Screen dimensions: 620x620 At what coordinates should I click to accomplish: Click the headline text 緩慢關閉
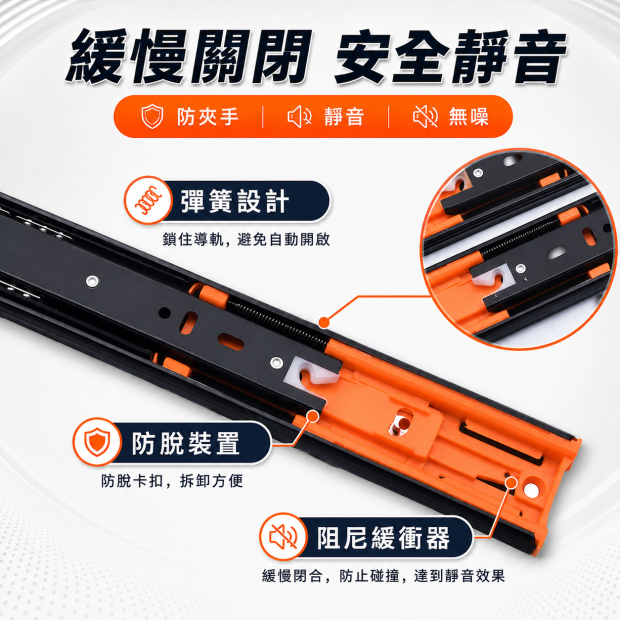coord(187,56)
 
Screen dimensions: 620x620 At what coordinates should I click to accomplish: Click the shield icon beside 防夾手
coord(152,117)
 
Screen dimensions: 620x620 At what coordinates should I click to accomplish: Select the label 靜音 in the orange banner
coord(343,117)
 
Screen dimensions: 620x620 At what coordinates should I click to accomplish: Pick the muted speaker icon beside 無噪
coord(425,117)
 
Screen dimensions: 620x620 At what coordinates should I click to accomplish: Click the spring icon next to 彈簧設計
coord(148,200)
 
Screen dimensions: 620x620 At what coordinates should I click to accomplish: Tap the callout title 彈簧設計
coord(234,201)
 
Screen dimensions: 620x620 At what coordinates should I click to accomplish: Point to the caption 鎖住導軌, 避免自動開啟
coord(246,240)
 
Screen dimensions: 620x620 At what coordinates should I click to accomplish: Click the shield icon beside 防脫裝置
coord(97,442)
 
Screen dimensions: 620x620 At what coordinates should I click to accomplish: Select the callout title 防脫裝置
coord(186,443)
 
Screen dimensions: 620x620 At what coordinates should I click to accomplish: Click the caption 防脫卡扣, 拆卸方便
coord(172,481)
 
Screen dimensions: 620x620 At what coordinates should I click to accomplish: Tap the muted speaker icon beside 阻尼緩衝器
coord(283,537)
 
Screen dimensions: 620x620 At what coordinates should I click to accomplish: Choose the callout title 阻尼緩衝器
coord(384,538)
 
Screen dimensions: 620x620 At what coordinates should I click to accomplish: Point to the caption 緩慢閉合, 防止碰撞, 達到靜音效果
coord(383,576)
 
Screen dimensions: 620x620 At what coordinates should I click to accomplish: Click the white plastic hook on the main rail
coord(310,375)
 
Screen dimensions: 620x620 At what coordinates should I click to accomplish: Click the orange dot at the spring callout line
coord(324,323)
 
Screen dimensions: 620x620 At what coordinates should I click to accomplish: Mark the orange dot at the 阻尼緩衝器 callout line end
coord(511,483)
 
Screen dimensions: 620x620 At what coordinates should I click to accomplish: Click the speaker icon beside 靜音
coord(299,117)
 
